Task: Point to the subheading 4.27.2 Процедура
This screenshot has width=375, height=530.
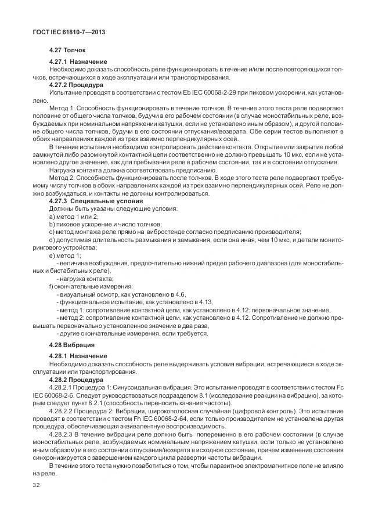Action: pos(77,84)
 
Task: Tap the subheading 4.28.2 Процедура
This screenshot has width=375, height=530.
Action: pos(77,378)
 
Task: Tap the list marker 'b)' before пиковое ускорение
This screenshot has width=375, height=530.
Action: pos(52,223)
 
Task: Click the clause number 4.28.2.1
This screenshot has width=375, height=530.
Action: pos(63,386)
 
